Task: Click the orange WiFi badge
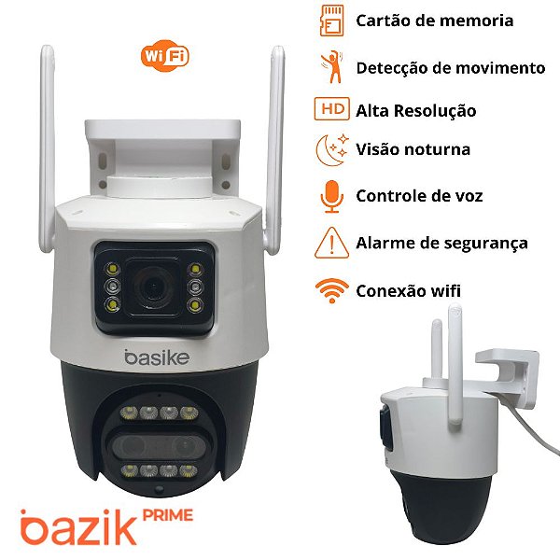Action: coord(165,56)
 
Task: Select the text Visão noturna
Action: coord(413,149)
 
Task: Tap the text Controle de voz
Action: coord(419,196)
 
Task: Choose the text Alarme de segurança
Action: coord(441,243)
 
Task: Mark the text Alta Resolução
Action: coord(416,110)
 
